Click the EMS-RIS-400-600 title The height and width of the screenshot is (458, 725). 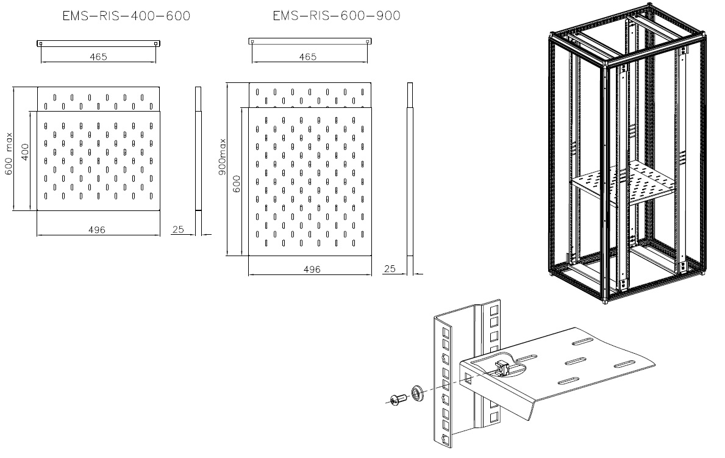coord(126,16)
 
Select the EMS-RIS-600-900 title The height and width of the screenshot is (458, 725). coord(337,16)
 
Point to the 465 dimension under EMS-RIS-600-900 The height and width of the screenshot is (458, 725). coord(308,57)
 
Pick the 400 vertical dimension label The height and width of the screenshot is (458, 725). coord(24,151)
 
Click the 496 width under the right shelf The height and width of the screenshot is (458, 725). coord(311,269)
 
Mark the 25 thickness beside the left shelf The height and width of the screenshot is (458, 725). coord(177,229)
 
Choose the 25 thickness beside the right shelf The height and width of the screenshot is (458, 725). coord(390,268)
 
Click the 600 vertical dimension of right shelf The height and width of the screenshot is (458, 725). coord(237,184)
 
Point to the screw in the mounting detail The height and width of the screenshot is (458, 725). coord(398,399)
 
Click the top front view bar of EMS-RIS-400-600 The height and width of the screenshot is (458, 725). coord(99,43)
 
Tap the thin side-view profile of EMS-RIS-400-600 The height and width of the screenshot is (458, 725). coord(198,149)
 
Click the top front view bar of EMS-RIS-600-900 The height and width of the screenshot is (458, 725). coord(310,41)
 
